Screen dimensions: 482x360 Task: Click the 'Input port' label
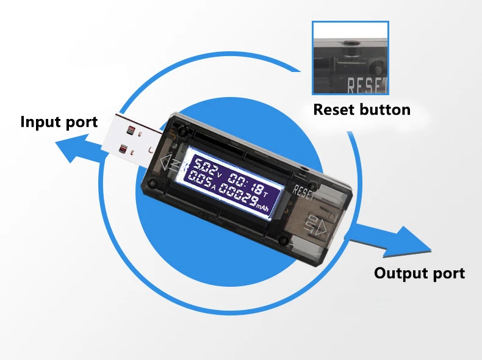click(59, 121)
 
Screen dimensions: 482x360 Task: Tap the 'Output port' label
click(419, 273)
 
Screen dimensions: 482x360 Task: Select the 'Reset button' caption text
click(361, 110)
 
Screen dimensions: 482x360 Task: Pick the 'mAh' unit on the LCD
click(262, 207)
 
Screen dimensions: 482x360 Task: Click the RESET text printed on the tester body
click(304, 190)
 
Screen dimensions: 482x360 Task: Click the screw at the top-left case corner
click(181, 130)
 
